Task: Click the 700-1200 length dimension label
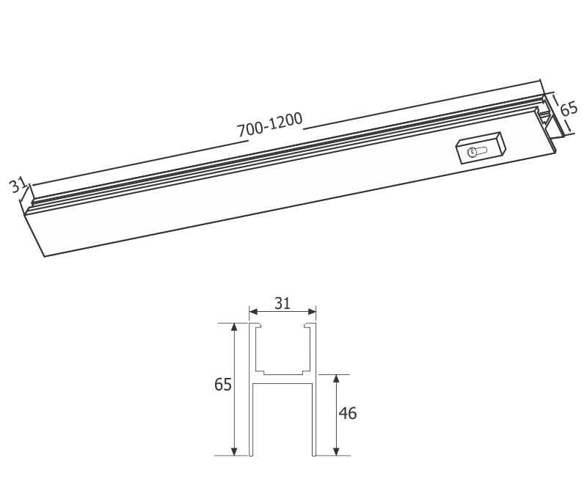pyautogui.click(x=269, y=126)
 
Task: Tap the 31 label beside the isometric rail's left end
pyautogui.click(x=18, y=185)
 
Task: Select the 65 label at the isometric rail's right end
pyautogui.click(x=569, y=110)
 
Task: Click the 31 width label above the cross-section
pyautogui.click(x=283, y=302)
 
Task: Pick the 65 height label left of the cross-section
pyautogui.click(x=223, y=384)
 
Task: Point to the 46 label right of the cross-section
pyautogui.click(x=348, y=413)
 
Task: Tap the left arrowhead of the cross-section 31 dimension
pyautogui.click(x=252, y=311)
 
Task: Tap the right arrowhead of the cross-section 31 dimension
pyautogui.click(x=313, y=311)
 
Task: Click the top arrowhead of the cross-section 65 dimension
pyautogui.click(x=235, y=327)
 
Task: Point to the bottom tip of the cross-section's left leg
pyautogui.click(x=252, y=454)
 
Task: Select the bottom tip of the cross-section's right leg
pyautogui.click(x=314, y=454)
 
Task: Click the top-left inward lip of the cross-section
pyautogui.click(x=258, y=325)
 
